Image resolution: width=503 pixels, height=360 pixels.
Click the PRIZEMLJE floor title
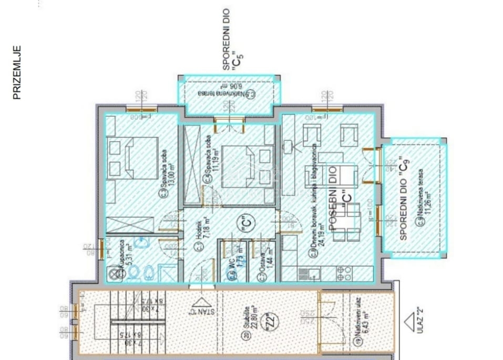pyautogui.click(x=16, y=73)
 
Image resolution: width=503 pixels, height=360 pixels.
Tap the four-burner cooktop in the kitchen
pyautogui.click(x=344, y=272)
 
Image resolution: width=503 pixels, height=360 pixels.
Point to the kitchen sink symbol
pyautogui.click(x=310, y=272)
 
